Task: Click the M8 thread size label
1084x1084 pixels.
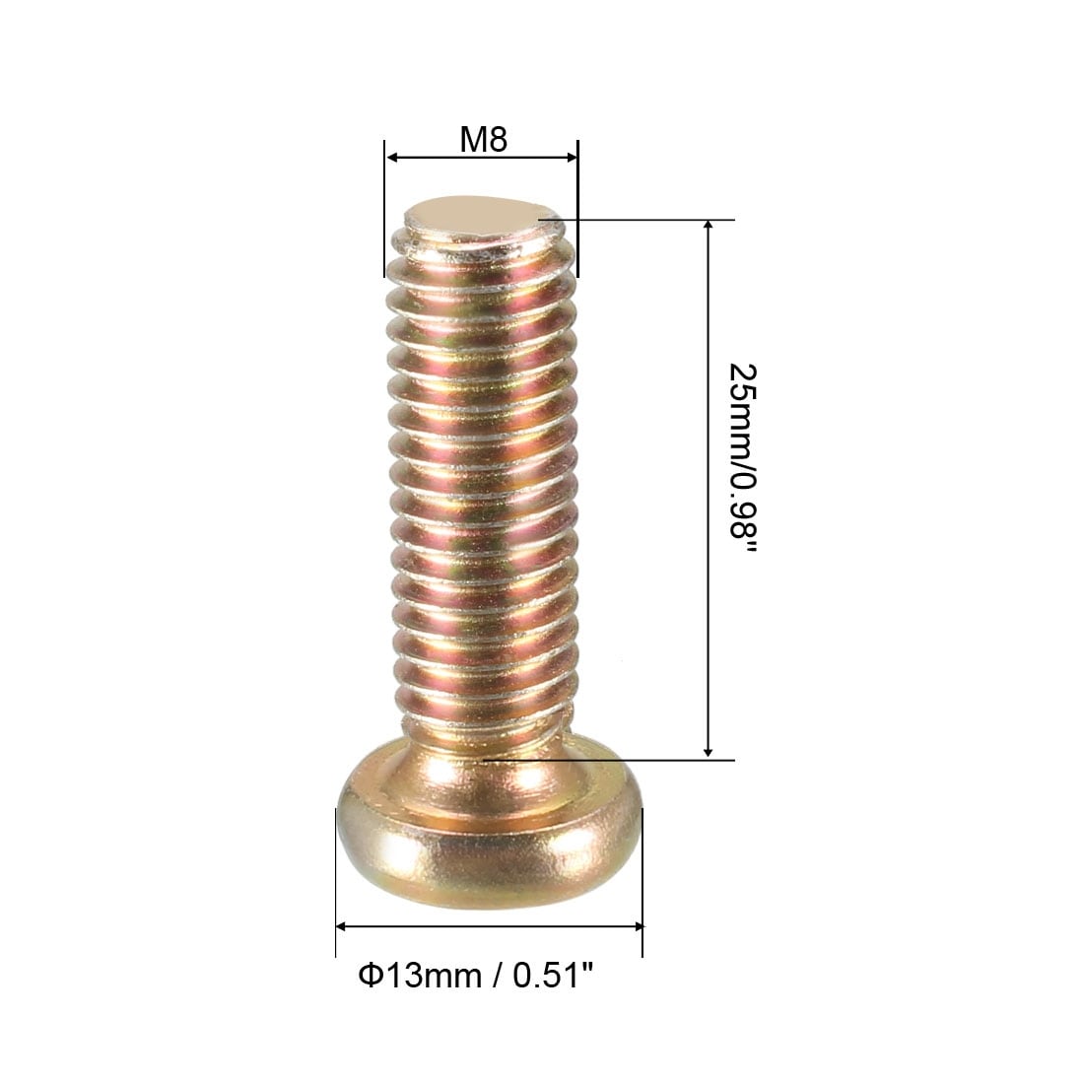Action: coord(483,139)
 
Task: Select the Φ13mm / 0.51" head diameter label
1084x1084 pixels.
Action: coord(476,976)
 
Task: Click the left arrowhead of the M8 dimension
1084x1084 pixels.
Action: coord(391,157)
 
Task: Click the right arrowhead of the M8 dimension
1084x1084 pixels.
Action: coord(572,157)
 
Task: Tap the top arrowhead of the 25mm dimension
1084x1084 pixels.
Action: coord(708,226)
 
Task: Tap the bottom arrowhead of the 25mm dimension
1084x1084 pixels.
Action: coord(708,752)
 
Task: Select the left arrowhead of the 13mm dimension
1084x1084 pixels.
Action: coord(342,926)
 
